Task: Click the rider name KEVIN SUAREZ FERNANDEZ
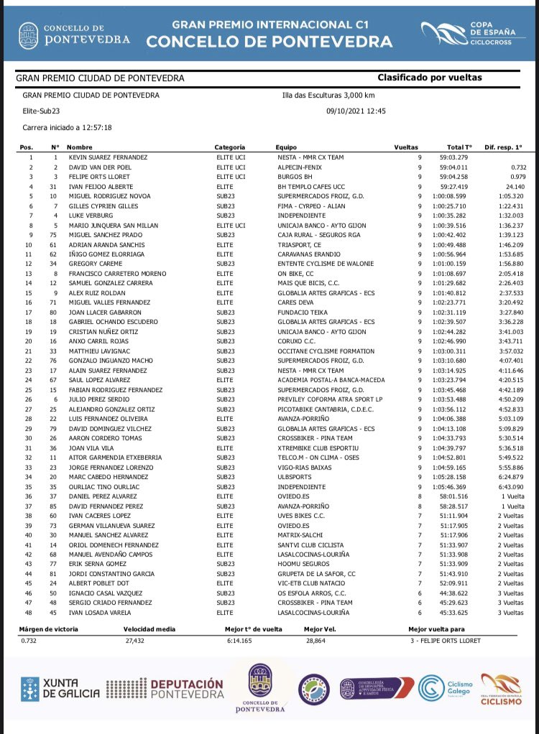tap(108, 157)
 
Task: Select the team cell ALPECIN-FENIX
tap(298, 167)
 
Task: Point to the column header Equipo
tap(286, 147)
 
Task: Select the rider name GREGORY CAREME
tap(93, 264)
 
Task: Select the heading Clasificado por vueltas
tap(430, 78)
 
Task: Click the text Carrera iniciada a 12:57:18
tap(68, 127)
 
